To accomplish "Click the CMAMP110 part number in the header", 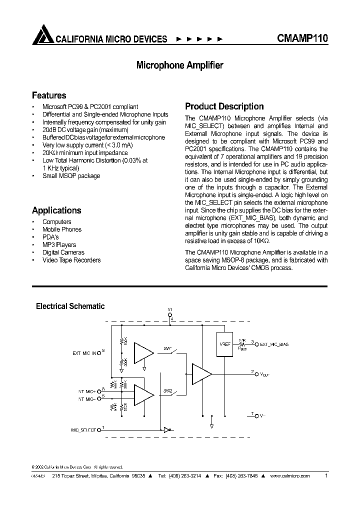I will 302,38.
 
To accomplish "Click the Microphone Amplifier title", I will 180,65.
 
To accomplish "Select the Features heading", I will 49,95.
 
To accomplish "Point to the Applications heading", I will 56,210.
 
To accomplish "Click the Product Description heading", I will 224,106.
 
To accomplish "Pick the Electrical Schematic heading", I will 70,306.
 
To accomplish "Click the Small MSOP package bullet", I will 71,175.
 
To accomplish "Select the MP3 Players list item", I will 59,244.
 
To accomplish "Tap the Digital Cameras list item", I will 63,252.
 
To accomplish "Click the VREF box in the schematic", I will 224,344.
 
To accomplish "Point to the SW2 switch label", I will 167,390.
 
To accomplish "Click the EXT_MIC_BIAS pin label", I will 274,344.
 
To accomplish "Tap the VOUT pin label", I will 264,373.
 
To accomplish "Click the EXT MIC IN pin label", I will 86,353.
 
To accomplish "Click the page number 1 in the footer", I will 326,476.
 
